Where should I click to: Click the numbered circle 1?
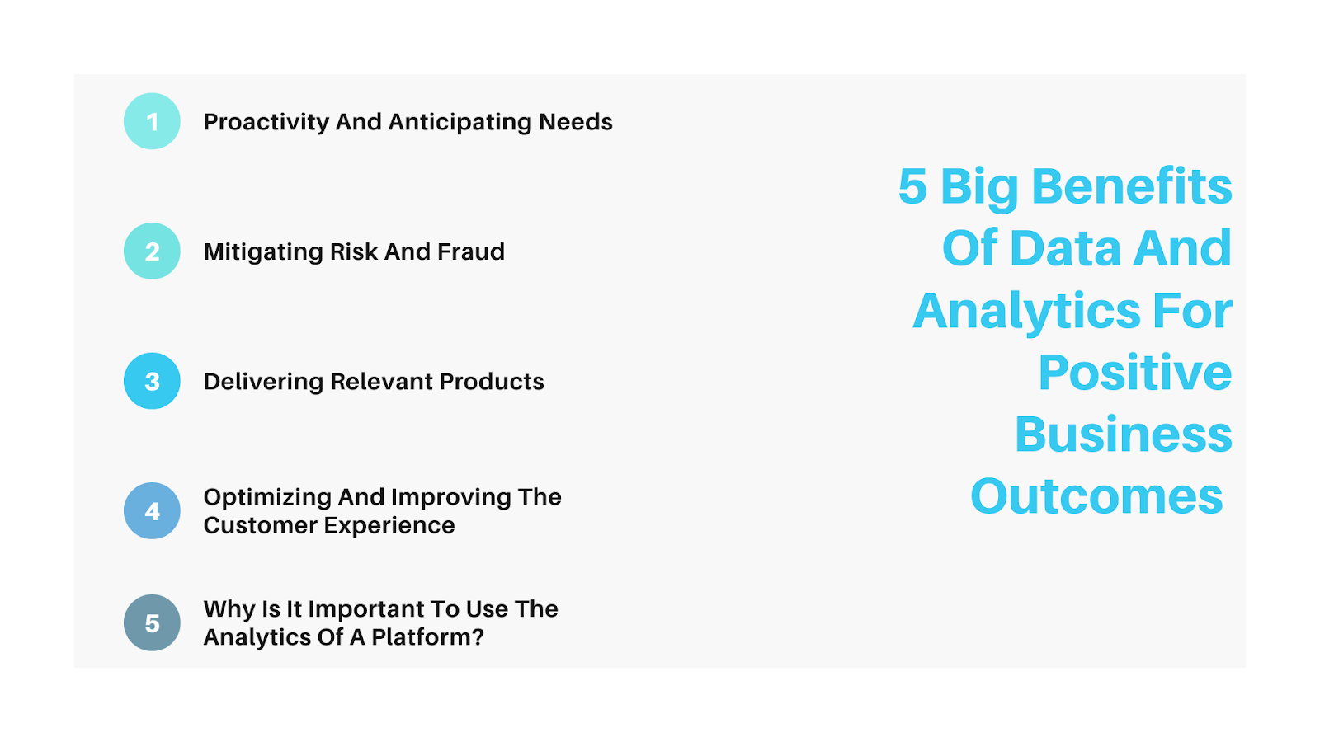tap(152, 121)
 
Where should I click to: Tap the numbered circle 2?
tap(152, 251)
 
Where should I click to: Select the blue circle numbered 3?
tap(152, 381)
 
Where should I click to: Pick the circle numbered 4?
tap(152, 510)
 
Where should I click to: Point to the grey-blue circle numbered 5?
tap(152, 622)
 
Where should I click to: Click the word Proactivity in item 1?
tap(266, 123)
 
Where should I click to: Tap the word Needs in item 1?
tap(576, 122)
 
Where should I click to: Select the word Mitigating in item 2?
tap(263, 252)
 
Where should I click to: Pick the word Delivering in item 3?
tap(263, 382)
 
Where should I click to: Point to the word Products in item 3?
tap(492, 382)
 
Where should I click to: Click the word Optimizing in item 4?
tap(267, 498)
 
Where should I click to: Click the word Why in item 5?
tap(229, 609)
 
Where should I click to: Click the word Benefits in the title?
tap(1131, 186)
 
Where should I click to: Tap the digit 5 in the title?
tap(912, 186)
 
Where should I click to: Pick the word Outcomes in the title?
tap(1096, 496)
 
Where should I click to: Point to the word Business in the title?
tap(1123, 434)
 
